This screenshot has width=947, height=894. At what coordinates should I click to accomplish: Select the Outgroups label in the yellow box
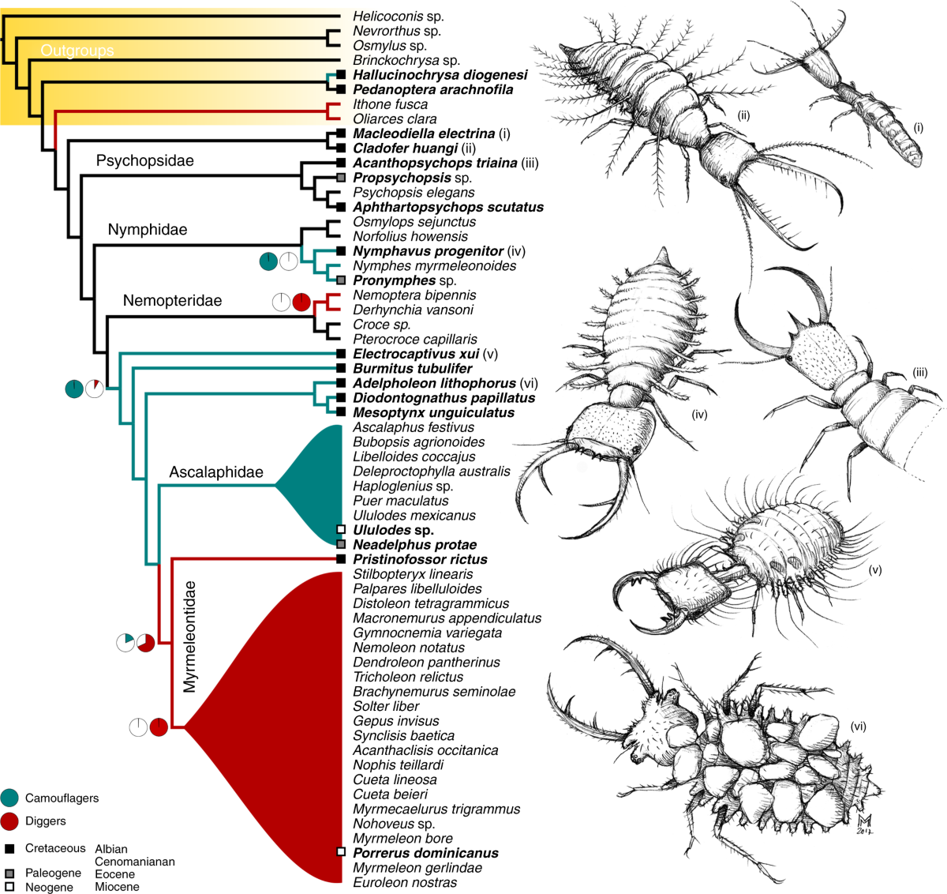(77, 51)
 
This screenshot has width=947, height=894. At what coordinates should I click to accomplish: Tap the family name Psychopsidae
(144, 160)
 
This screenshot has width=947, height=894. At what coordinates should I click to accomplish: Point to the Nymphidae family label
(148, 230)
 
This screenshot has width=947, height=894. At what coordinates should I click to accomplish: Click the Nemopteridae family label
(172, 301)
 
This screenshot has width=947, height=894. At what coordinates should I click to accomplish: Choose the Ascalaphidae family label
(215, 472)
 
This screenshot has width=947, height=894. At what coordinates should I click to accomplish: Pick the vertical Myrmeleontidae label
(189, 637)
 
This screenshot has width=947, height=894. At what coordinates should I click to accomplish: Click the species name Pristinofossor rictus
(420, 559)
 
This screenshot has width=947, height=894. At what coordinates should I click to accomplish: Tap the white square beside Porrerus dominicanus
(341, 852)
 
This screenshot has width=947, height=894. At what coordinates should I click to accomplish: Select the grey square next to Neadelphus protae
(341, 544)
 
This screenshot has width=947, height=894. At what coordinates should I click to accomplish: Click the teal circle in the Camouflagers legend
(9, 798)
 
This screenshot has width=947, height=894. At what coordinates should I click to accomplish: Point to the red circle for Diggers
(9, 821)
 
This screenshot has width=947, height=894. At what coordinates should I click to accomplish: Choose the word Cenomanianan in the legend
(134, 862)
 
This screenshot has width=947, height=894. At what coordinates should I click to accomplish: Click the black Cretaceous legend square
(9, 849)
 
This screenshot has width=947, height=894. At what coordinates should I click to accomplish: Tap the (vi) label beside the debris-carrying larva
(858, 726)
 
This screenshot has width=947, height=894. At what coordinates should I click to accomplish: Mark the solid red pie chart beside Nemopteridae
(301, 302)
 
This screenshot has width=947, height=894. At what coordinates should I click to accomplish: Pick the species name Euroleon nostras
(405, 882)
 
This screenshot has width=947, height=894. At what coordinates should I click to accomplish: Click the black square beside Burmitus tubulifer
(341, 368)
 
